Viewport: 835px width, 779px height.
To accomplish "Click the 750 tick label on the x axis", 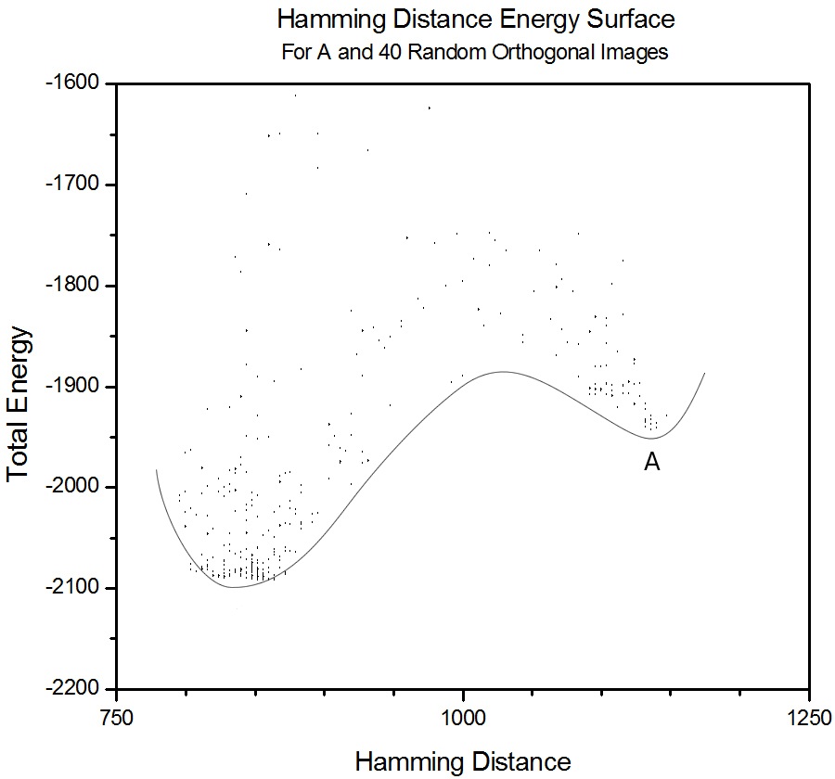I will click(118, 719).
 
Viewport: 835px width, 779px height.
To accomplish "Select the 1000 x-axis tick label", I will click(463, 719).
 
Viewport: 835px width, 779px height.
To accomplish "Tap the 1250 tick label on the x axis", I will click(809, 719).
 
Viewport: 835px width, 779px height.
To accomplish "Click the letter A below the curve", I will click(652, 462).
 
